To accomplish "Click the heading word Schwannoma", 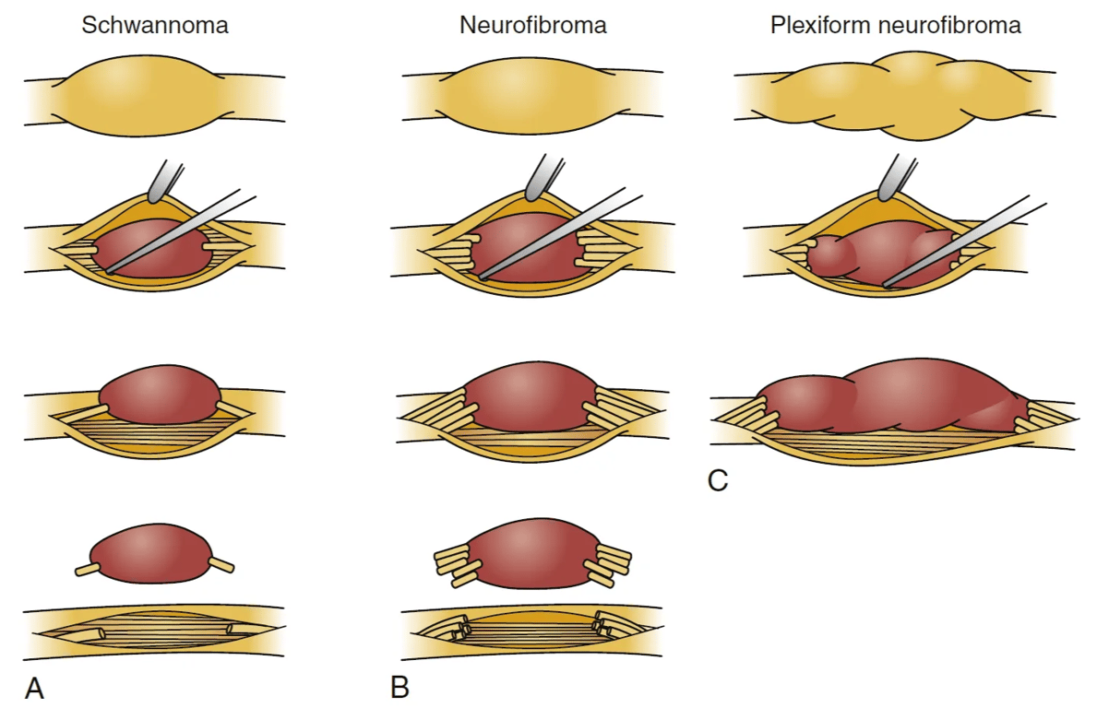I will (154, 25).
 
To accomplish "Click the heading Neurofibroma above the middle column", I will (532, 25).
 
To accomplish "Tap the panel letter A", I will (34, 687).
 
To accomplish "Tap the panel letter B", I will (399, 687).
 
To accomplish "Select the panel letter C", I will (718, 479).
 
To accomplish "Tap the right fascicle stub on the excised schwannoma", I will (222, 564).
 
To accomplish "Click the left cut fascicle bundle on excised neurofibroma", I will (454, 564).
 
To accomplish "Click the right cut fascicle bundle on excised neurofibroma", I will (608, 564).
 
